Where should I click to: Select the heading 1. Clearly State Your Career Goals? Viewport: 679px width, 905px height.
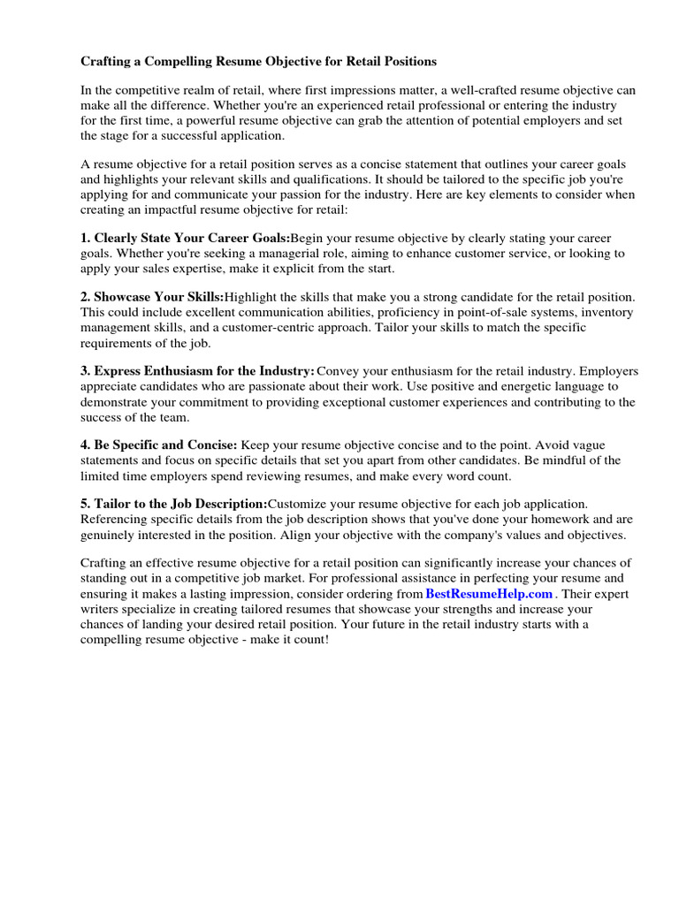click(x=185, y=239)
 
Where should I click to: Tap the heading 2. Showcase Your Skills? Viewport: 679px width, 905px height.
click(x=152, y=298)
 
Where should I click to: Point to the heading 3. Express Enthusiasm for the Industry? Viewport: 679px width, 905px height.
click(x=197, y=372)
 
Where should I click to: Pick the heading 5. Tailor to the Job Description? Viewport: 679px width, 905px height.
click(x=173, y=504)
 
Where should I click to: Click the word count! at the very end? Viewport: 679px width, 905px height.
click(x=310, y=639)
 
